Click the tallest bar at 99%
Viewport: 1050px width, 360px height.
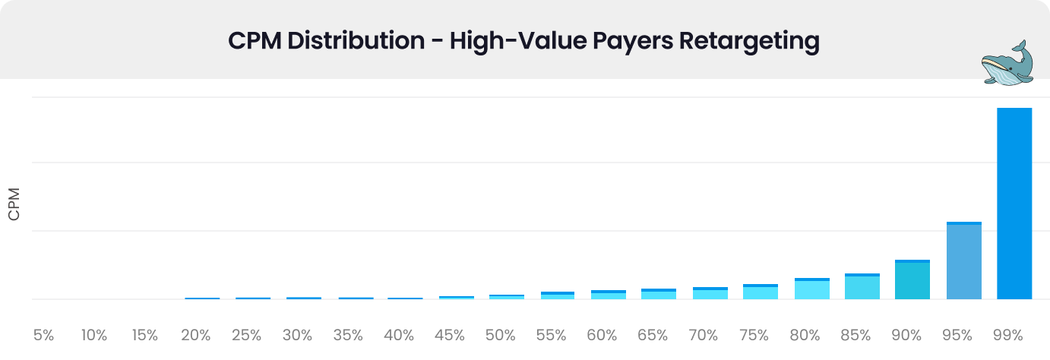[x=1014, y=204]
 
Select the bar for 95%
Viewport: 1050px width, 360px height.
[x=963, y=261]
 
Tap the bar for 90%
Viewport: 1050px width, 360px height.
[x=912, y=279]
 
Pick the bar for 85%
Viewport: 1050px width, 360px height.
[x=862, y=286]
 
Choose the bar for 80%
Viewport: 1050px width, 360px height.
[x=811, y=289]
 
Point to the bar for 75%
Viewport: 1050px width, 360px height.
[x=761, y=292]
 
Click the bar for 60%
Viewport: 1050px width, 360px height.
[x=608, y=295]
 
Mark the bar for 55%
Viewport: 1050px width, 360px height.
[x=557, y=295]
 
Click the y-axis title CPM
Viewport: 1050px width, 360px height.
[x=14, y=204]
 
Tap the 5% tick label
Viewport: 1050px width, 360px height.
[x=43, y=335]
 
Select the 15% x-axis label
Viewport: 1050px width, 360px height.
[x=144, y=335]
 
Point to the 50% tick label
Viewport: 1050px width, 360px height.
[x=500, y=335]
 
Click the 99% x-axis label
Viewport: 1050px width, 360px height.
[x=1008, y=335]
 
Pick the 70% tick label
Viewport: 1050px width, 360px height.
[x=703, y=335]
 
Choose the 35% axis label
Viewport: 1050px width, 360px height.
[x=348, y=335]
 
